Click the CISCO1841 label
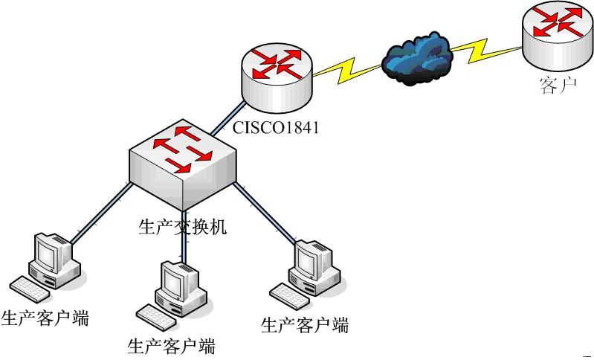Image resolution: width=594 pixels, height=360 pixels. tap(275, 127)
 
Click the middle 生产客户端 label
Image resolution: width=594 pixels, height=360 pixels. tap(172, 346)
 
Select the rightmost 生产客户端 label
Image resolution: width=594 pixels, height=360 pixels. tap(305, 324)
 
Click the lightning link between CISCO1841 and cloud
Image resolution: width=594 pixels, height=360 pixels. tap(346, 71)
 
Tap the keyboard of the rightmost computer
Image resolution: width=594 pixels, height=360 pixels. tap(289, 295)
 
